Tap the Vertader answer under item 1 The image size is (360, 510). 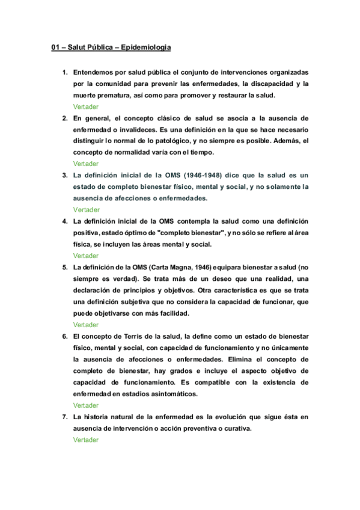86,106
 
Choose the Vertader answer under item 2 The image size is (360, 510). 86,164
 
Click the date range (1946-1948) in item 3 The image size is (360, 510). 198,175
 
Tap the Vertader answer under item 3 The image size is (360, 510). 86,210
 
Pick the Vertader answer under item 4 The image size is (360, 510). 86,256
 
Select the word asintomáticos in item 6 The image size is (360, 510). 167,394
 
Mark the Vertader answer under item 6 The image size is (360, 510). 86,405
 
